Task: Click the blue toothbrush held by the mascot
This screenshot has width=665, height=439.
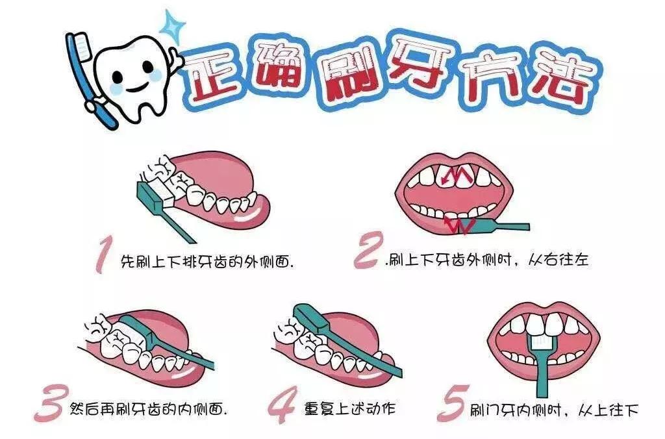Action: point(90,79)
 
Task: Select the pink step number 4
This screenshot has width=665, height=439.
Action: point(282,405)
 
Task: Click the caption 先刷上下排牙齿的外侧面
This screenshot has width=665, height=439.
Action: point(207,261)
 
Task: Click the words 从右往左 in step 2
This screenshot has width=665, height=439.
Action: point(558,260)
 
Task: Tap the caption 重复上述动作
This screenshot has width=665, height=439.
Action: point(350,408)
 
